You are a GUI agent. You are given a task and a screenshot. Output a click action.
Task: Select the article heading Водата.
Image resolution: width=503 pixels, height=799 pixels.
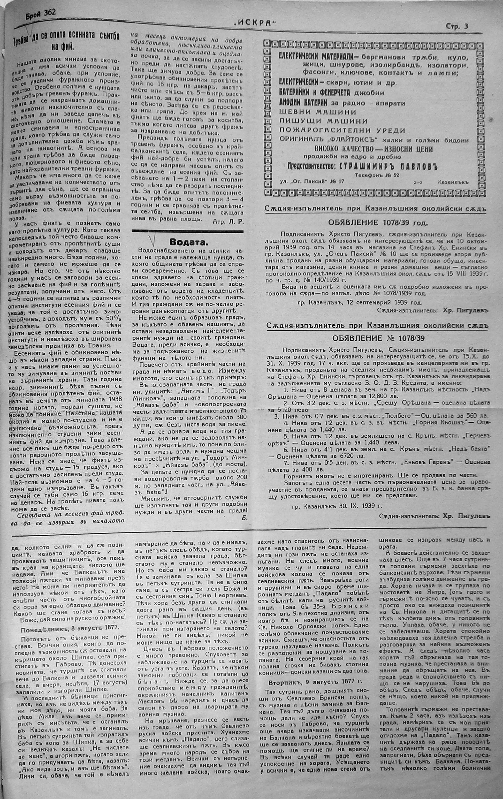pyautogui.click(x=189, y=241)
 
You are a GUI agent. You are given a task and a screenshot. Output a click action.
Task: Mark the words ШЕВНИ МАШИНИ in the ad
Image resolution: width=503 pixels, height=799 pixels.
pyautogui.click(x=318, y=112)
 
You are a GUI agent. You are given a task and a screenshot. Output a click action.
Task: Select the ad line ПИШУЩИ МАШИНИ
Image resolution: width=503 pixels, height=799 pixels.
pyautogui.click(x=323, y=121)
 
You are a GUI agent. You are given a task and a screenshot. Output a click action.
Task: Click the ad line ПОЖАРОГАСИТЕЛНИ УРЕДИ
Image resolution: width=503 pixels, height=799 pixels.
pyautogui.click(x=342, y=130)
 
